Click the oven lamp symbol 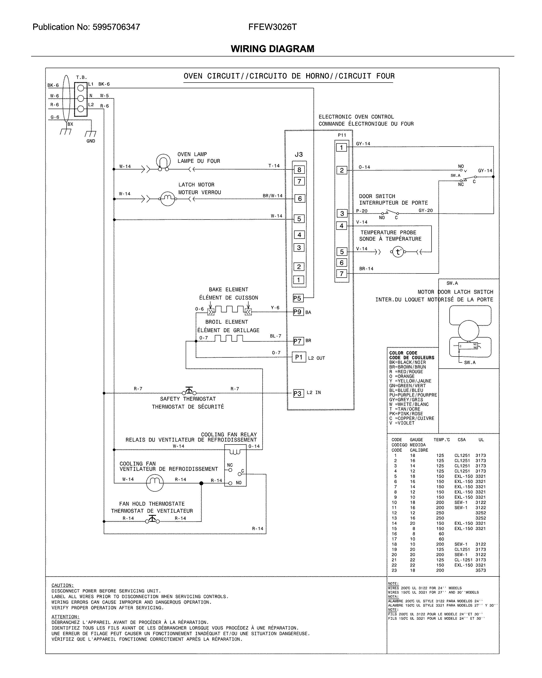coord(163,162)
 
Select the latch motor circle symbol coord(167,198)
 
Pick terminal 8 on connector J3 coord(299,170)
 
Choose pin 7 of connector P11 coord(342,273)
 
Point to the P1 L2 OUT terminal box coord(299,357)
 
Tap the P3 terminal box coord(297,393)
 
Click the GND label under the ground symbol coord(91,141)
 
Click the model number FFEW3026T coord(272,27)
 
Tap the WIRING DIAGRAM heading coord(272,49)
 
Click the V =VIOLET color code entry coord(402,423)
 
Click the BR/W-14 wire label coord(272,196)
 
